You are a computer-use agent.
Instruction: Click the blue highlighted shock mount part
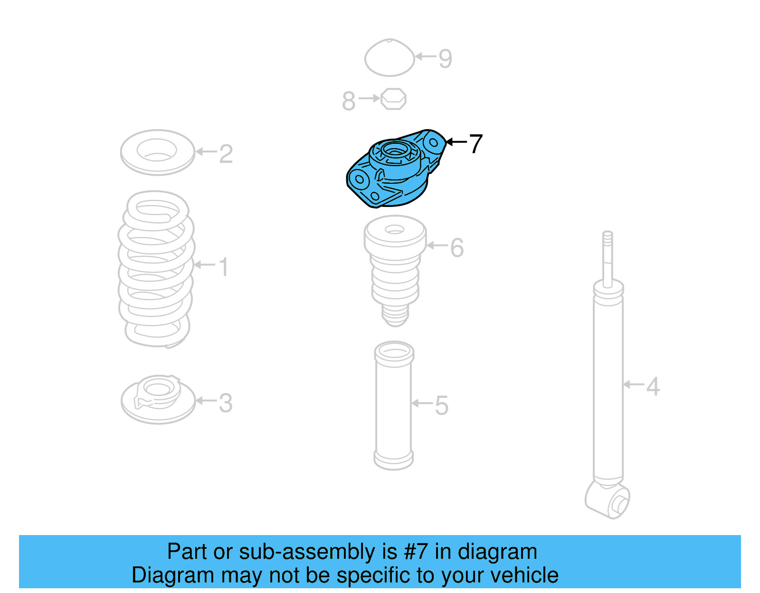pyautogui.click(x=396, y=168)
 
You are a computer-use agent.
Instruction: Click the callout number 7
pyautogui.click(x=475, y=143)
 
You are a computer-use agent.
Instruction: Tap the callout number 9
pyautogui.click(x=445, y=59)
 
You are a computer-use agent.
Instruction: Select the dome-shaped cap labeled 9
pyautogui.click(x=389, y=57)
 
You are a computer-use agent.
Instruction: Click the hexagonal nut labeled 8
pyautogui.click(x=393, y=99)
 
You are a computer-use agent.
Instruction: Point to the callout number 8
pyautogui.click(x=348, y=101)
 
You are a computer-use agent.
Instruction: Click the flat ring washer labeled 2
pyautogui.click(x=157, y=152)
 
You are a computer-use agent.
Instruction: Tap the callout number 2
pyautogui.click(x=226, y=154)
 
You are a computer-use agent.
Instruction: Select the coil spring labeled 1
pyautogui.click(x=156, y=269)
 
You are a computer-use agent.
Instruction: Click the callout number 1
pyautogui.click(x=224, y=267)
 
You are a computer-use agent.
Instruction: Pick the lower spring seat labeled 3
pyautogui.click(x=158, y=399)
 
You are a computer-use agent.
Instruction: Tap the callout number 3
pyautogui.click(x=226, y=403)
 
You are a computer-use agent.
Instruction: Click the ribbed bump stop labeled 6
pyautogui.click(x=395, y=271)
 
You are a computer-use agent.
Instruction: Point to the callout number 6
pyautogui.click(x=457, y=248)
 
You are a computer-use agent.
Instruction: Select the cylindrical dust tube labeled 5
pyautogui.click(x=394, y=405)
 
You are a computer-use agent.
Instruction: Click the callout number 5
pyautogui.click(x=441, y=406)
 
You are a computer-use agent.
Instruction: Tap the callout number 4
pyautogui.click(x=653, y=386)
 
